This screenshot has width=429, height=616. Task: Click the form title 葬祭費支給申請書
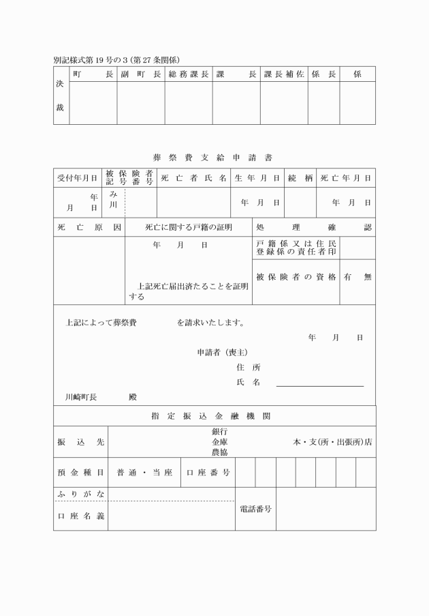(x=212, y=157)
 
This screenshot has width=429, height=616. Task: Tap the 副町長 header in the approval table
(x=141, y=74)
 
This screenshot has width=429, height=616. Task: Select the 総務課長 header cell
(x=188, y=74)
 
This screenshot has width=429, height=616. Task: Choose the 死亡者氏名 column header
(x=193, y=178)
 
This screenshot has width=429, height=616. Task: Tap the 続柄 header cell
(x=300, y=178)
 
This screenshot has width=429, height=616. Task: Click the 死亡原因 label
(x=89, y=227)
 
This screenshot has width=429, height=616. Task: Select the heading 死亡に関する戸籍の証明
(x=189, y=227)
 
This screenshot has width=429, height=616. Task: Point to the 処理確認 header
(x=314, y=227)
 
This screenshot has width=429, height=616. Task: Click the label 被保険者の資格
(x=296, y=277)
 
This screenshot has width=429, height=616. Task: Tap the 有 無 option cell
(x=357, y=277)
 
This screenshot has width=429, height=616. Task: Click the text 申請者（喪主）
(x=222, y=352)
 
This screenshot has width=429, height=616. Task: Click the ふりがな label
(x=80, y=493)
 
